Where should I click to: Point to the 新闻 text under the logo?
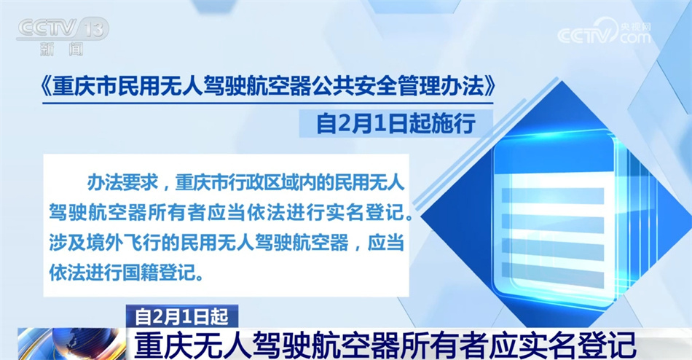(x=61, y=49)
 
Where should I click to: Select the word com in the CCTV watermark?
(x=635, y=38)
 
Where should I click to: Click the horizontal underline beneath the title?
(x=267, y=103)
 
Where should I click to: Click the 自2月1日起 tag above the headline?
(x=182, y=316)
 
